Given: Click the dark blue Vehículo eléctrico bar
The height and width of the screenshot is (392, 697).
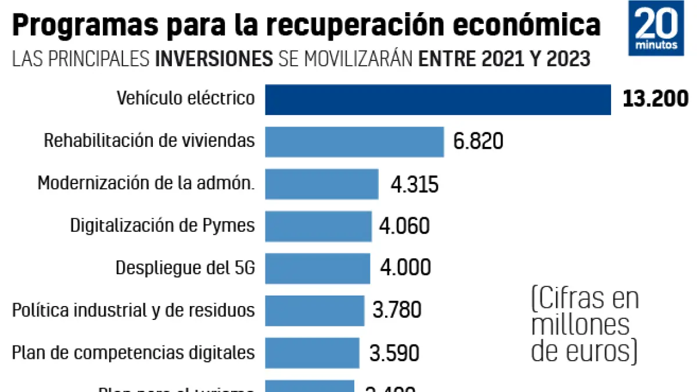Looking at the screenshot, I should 438,100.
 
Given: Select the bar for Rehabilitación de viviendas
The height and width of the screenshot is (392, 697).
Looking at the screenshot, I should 354,142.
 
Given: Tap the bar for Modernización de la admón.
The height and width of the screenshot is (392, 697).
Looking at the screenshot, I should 322,184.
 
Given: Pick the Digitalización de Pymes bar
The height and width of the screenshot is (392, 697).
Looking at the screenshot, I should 318,226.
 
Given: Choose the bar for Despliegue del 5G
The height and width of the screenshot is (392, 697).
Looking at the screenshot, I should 318,268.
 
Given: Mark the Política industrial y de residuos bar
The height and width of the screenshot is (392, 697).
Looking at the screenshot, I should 315,310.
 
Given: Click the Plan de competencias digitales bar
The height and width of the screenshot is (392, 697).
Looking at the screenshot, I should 312,353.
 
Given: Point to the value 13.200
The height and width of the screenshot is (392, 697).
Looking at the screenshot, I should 655,99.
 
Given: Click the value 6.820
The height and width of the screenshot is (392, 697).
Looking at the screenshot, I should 478,141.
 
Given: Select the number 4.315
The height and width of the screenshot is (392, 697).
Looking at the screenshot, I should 414,184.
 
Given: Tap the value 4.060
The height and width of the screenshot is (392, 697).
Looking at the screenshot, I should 404,226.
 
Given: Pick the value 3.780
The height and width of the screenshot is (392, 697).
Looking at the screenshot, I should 397,310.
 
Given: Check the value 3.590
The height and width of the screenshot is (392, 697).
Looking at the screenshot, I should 394,353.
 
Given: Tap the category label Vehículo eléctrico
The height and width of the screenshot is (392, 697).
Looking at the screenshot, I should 186,98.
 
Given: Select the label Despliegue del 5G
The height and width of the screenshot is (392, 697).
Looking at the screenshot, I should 185,268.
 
